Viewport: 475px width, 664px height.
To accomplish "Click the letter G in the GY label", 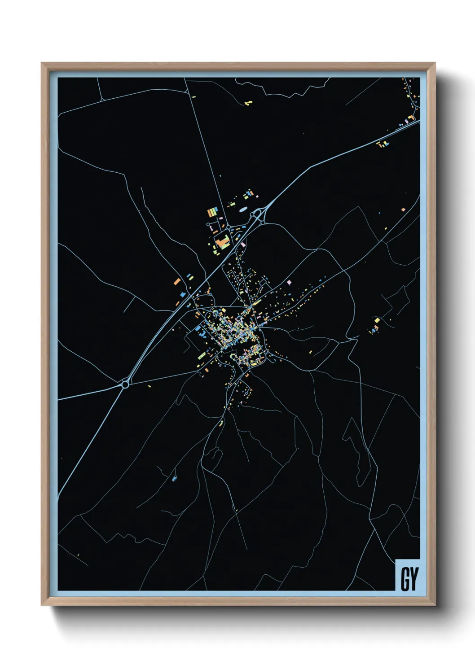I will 404,579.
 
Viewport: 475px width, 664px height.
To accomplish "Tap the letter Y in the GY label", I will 413,579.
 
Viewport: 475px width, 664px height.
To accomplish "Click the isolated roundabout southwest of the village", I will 125,384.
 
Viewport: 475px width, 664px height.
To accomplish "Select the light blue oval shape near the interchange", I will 243,209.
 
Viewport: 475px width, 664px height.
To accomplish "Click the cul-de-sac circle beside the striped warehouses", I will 208,224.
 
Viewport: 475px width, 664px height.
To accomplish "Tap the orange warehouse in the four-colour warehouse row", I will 209,212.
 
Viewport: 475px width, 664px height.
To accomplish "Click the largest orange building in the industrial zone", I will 222,244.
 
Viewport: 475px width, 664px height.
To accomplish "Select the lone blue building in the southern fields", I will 174,479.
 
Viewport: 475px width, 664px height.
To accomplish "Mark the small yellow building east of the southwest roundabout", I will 149,385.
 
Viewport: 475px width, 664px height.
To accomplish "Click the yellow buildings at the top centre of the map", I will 248,103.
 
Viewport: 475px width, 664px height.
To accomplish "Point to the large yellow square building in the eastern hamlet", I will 377,320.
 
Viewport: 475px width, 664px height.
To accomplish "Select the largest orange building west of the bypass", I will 177,282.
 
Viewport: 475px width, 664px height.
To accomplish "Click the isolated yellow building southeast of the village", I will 310,352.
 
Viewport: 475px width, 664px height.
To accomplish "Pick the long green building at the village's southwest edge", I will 202,356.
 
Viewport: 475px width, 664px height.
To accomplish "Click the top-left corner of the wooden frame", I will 42,64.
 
